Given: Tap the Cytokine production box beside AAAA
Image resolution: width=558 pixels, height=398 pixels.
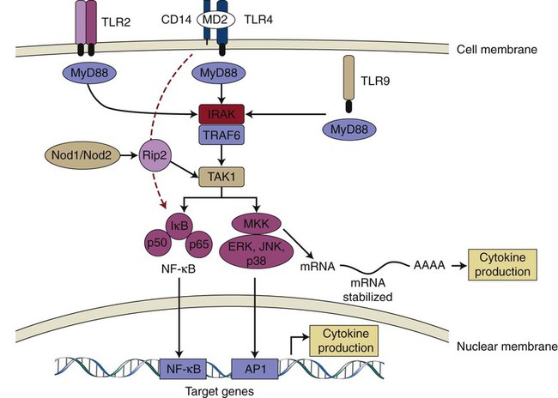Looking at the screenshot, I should [x=503, y=265].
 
